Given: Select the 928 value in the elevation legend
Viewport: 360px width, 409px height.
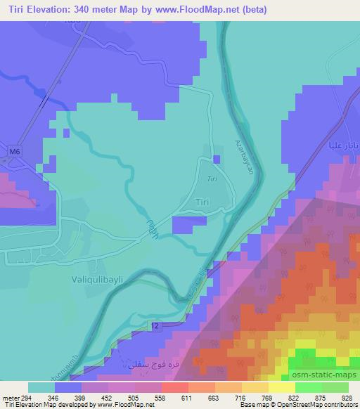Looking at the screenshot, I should pos(345,398).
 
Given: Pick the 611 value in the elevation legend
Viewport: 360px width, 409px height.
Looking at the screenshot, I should pos(186,398).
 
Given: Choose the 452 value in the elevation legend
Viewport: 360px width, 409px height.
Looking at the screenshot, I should pos(107,398).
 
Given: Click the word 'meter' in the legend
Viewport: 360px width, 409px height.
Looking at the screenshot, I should pos(11,398).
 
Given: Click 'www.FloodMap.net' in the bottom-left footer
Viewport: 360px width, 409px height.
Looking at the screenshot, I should pos(126,405).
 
